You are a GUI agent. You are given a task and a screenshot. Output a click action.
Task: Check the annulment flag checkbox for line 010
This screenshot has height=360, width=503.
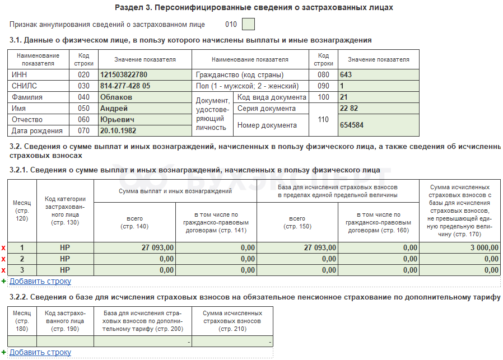click(x=248, y=24)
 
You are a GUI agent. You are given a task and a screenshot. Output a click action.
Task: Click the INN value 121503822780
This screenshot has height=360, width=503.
click(x=124, y=75)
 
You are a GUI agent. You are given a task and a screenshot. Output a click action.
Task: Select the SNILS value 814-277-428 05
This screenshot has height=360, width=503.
click(x=125, y=86)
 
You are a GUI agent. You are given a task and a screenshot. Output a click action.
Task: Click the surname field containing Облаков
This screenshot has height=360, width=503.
click(x=116, y=97)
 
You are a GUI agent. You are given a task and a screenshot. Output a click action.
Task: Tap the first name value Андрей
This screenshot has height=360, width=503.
click(x=114, y=109)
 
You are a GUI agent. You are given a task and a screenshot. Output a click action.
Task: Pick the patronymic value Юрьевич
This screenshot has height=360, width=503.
click(x=117, y=120)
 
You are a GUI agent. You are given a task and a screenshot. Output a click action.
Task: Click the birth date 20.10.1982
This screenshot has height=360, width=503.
click(x=118, y=131)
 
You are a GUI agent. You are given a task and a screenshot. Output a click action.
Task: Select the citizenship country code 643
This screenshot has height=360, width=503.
click(x=346, y=75)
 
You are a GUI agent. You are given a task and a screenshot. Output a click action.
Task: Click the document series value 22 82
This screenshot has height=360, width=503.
click(x=349, y=109)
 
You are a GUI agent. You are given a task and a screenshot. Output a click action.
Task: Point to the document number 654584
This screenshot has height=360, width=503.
click(x=352, y=125)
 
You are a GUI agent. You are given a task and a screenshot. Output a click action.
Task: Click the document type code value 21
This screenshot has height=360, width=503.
click(x=344, y=97)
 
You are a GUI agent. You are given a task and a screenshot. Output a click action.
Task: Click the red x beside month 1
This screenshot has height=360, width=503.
click(x=3, y=247)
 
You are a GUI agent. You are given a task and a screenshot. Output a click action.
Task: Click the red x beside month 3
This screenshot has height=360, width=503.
click(x=3, y=270)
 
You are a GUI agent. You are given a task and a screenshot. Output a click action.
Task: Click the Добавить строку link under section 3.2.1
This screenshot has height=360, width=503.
click(x=40, y=281)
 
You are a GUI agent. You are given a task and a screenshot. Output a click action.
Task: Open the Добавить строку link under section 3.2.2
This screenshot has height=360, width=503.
click(x=40, y=352)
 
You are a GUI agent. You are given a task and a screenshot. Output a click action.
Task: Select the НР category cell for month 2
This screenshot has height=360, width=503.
click(x=65, y=259)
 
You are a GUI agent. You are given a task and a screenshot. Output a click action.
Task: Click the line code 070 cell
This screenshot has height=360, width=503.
click(x=83, y=131)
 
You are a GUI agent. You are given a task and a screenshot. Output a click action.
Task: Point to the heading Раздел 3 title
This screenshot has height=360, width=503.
click(x=254, y=8)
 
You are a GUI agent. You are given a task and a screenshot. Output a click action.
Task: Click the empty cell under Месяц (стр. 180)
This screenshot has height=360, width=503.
click(x=22, y=341)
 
